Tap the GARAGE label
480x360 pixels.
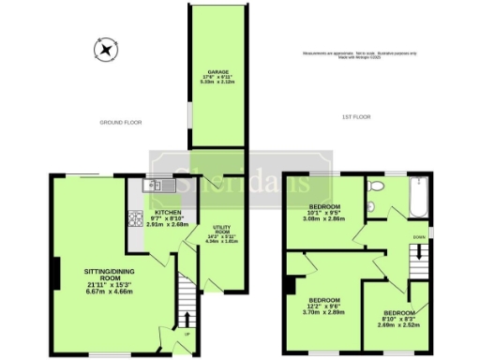point(217,77)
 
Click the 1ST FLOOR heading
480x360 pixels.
point(354,116)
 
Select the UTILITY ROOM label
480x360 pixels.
point(222,233)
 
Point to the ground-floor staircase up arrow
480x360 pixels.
point(186,320)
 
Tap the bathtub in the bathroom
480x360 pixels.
point(416,196)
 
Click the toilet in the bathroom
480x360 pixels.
point(373,187)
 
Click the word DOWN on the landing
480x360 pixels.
point(419,237)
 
